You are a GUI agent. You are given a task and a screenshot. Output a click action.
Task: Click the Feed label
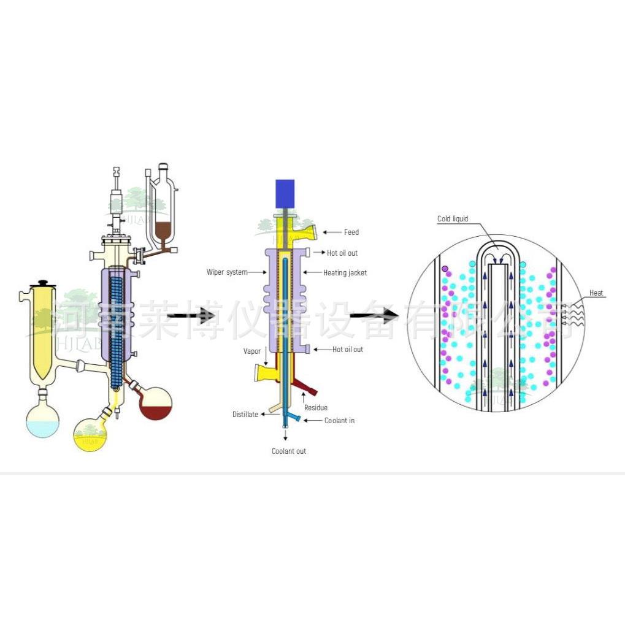(351, 232)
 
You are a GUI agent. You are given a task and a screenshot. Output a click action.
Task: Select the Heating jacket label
(345, 272)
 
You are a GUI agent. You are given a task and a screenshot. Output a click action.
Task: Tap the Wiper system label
(226, 272)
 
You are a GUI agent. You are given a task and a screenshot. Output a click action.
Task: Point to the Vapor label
(253, 352)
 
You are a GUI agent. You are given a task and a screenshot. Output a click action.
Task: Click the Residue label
(316, 407)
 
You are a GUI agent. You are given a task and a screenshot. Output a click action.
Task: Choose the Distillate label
(245, 415)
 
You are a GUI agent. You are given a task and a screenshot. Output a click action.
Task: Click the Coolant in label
(339, 421)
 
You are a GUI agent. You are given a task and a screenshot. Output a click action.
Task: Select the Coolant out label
(289, 451)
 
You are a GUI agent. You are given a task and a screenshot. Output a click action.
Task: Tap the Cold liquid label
(453, 219)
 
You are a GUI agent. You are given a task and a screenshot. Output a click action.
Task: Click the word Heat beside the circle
(596, 293)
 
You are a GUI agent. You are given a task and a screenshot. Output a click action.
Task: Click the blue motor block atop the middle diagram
(285, 193)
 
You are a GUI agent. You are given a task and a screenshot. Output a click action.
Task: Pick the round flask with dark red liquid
(155, 402)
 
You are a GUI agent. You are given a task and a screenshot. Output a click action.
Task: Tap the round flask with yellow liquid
(90, 434)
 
